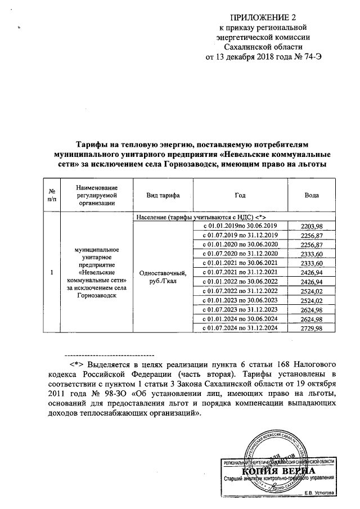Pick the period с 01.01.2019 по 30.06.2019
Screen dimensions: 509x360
(240, 226)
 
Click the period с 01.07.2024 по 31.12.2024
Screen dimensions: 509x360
(240, 328)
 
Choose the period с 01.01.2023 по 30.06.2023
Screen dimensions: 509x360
(240, 300)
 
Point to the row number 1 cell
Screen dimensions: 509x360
(52, 273)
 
